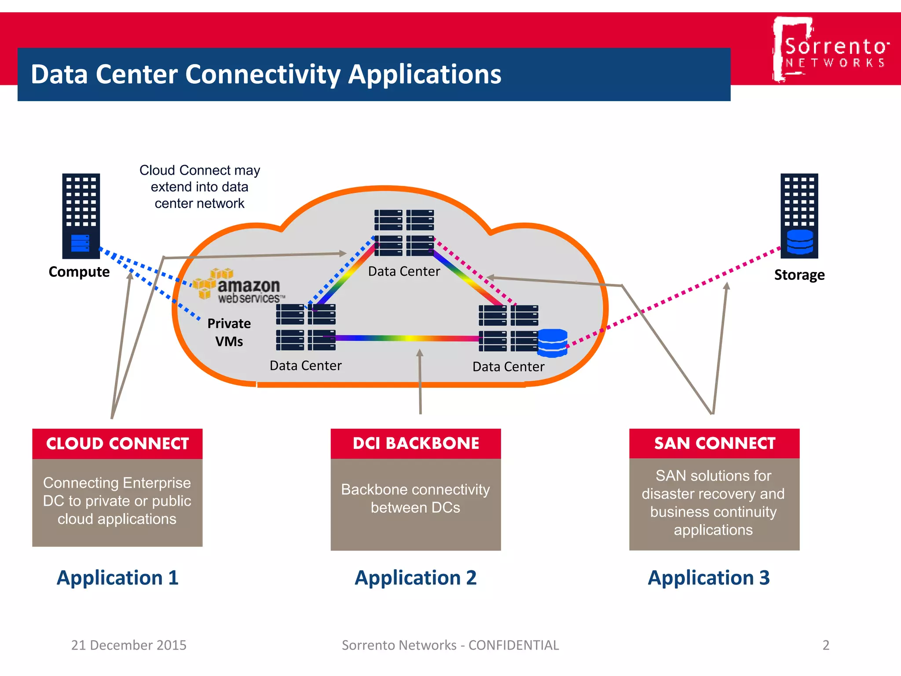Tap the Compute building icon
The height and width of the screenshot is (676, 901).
click(81, 216)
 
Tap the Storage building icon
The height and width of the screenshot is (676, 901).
click(799, 216)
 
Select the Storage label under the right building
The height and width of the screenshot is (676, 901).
click(799, 275)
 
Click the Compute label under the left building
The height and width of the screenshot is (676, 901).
click(79, 272)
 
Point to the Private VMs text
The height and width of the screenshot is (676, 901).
click(229, 332)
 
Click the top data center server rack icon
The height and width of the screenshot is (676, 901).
click(404, 232)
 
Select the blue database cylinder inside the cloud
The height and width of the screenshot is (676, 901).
click(553, 343)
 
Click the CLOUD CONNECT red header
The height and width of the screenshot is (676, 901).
click(117, 443)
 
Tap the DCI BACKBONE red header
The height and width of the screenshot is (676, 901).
click(416, 443)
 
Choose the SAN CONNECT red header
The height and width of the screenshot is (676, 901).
click(714, 443)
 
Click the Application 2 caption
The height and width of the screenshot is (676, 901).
click(416, 577)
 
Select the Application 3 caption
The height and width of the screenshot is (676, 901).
click(709, 577)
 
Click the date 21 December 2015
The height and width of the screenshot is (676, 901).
click(129, 645)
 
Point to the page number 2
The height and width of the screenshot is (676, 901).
click(826, 645)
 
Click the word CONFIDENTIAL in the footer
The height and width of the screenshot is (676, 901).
click(513, 645)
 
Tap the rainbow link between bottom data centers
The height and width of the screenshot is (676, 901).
click(407, 338)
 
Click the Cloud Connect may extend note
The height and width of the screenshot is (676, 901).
click(200, 187)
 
